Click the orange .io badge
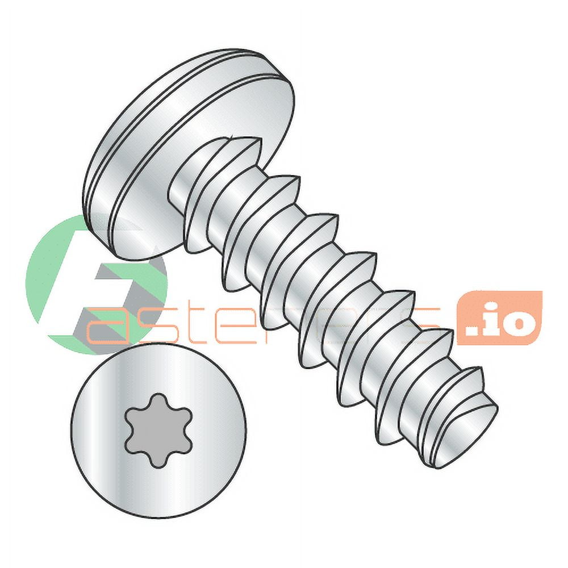click(499, 318)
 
